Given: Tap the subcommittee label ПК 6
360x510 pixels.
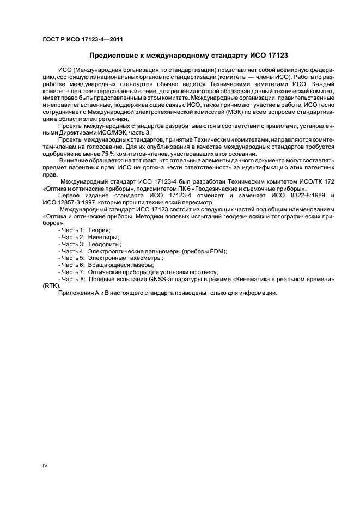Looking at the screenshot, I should [x=176, y=187].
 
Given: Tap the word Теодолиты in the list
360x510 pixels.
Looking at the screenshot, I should [x=105, y=244].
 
